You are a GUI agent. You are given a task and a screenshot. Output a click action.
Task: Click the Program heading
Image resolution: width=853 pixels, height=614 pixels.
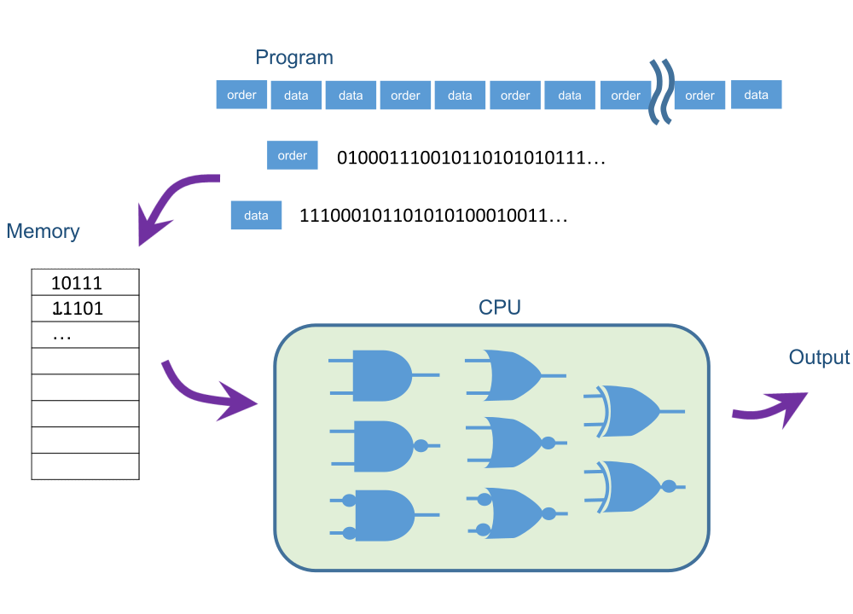pyautogui.click(x=294, y=58)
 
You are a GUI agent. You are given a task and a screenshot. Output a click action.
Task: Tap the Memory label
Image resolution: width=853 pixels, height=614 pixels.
pyautogui.click(x=43, y=231)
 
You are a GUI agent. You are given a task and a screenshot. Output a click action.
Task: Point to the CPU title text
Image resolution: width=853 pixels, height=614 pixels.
pyautogui.click(x=500, y=308)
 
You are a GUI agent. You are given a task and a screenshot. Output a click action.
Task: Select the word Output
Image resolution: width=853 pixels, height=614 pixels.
pyautogui.click(x=819, y=357)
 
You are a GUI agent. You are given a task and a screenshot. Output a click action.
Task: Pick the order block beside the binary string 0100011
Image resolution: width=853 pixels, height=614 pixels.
pyautogui.click(x=292, y=156)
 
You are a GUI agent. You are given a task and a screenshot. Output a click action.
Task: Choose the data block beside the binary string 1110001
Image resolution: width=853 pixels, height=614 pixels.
pyautogui.click(x=256, y=216)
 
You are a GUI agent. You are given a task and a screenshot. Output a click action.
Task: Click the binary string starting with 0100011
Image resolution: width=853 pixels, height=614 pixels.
pyautogui.click(x=471, y=158)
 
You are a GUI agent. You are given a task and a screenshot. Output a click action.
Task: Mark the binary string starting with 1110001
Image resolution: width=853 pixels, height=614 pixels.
pyautogui.click(x=433, y=217)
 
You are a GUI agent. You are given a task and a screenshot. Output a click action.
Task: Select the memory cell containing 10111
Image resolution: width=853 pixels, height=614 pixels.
pyautogui.click(x=84, y=282)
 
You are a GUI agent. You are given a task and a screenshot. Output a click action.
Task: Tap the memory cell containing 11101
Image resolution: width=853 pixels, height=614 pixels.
pyautogui.click(x=84, y=308)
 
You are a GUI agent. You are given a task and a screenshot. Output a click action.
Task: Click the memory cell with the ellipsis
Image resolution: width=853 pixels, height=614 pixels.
pyautogui.click(x=84, y=335)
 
